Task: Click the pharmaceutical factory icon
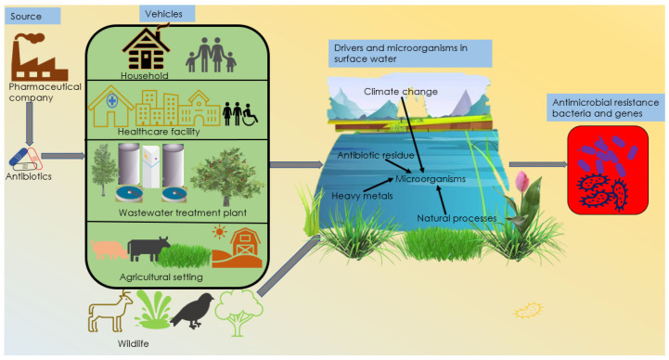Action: click(39, 57)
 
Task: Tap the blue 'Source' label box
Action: click(32, 16)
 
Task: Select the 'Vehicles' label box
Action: click(167, 14)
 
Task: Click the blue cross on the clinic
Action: click(111, 101)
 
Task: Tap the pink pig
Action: click(109, 249)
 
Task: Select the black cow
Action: click(148, 249)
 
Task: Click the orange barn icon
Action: click(238, 249)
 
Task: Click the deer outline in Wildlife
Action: click(109, 312)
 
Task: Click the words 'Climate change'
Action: click(401, 91)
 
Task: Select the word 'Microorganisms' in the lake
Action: click(431, 179)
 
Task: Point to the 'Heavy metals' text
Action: click(362, 196)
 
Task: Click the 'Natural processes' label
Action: click(457, 218)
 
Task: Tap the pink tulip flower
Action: click(522, 181)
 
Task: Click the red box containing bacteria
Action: click(608, 170)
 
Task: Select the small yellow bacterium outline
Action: click(528, 310)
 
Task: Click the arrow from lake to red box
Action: click(538, 164)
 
